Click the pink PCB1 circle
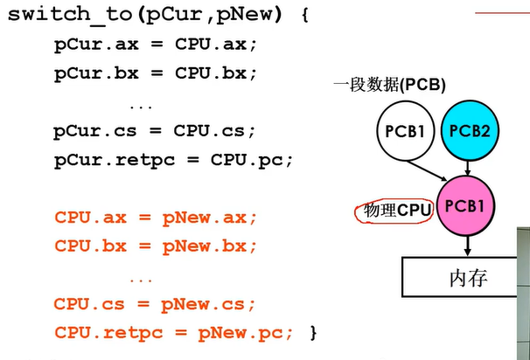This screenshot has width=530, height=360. pyautogui.click(x=464, y=206)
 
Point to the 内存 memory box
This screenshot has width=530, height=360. pyautogui.click(x=466, y=279)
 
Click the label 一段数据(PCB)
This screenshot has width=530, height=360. pyautogui.click(x=389, y=85)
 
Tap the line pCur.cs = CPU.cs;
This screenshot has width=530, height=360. pyautogui.click(x=154, y=132)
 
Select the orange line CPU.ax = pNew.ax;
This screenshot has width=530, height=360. pyautogui.click(x=156, y=217)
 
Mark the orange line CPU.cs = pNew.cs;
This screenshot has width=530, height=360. pyautogui.click(x=155, y=304)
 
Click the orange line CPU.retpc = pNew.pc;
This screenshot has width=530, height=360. pyautogui.click(x=174, y=332)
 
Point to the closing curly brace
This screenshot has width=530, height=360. pyautogui.click(x=312, y=332)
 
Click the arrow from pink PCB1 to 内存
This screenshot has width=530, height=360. pyautogui.click(x=464, y=246)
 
